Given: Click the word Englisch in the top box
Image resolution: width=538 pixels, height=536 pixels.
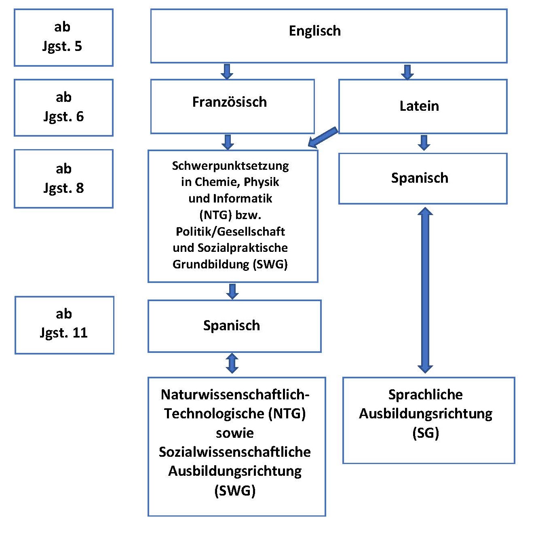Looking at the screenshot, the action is click(314, 31).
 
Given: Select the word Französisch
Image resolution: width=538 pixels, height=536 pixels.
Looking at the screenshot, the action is click(230, 102).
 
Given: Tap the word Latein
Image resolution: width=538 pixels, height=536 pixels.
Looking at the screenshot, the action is click(419, 106).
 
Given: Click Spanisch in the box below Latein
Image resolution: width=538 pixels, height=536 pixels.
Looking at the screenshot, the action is click(420, 178).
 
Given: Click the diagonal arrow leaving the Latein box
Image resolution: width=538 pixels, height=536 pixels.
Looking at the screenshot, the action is click(323, 137).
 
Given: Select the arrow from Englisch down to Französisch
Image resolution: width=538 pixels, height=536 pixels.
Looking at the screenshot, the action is click(227, 72).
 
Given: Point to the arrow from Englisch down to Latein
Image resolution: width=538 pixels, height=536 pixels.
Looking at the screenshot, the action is click(407, 72).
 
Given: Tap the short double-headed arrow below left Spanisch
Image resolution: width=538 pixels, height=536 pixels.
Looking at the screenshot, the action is click(232, 363).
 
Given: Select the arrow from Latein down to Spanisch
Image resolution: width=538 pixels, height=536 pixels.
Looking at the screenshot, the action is click(424, 143).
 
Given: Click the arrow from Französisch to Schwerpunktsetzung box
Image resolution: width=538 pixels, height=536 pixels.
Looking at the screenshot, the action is click(228, 142).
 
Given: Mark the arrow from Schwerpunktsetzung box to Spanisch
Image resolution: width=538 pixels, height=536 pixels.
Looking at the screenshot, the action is click(232, 291).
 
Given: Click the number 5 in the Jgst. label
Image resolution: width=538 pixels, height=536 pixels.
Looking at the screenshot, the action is click(78, 46).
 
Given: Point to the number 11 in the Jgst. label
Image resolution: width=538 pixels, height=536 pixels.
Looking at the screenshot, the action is click(80, 333).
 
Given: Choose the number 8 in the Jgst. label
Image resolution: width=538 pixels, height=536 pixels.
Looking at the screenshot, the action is click(80, 188).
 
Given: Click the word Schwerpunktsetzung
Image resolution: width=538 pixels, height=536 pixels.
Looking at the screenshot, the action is click(230, 166).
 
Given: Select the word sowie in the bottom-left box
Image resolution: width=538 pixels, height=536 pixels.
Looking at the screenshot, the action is click(235, 433).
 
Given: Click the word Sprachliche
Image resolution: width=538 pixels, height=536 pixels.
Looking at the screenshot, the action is click(426, 395).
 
